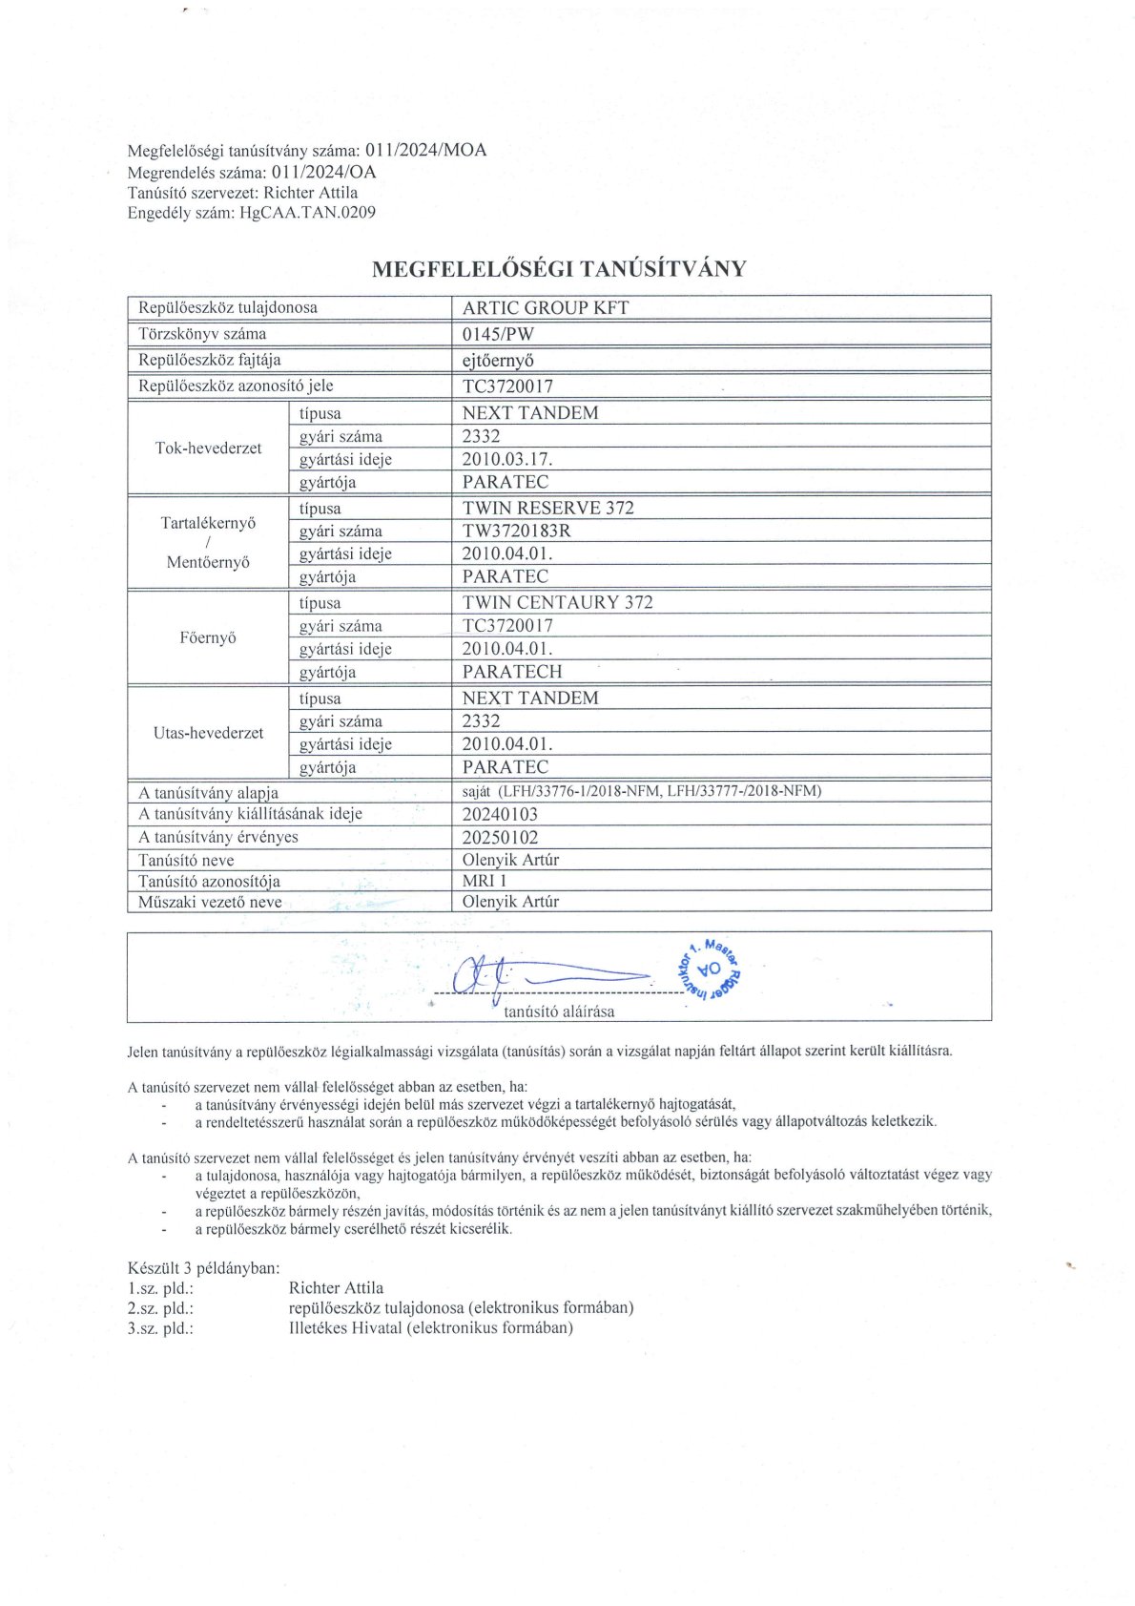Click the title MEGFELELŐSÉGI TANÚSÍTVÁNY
[x=559, y=269]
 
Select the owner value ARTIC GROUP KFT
[x=545, y=307]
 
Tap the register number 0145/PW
[x=498, y=334]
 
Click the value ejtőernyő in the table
[x=498, y=360]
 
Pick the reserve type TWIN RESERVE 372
[x=547, y=508]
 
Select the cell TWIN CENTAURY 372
[x=557, y=602]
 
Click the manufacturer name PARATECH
[x=512, y=672]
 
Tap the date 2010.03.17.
[x=506, y=459]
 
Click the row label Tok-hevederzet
[x=208, y=448]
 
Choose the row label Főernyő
[x=208, y=637]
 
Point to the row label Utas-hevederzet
[x=208, y=733]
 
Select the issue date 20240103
[x=500, y=814]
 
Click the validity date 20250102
[x=500, y=838]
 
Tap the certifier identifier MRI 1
[x=485, y=881]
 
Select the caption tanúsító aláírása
[x=559, y=1012]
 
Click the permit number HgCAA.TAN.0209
[x=308, y=213]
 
